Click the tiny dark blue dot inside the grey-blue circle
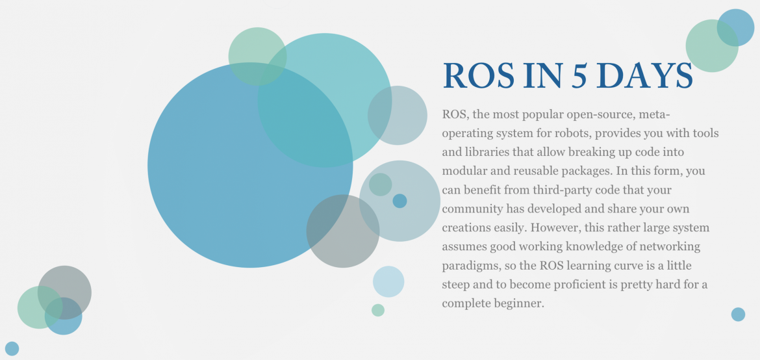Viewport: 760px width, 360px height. pyautogui.click(x=400, y=201)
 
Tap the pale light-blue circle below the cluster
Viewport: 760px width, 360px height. pyautogui.click(x=388, y=281)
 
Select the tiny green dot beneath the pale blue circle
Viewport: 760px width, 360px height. pyautogui.click(x=378, y=310)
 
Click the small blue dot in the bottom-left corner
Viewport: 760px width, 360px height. pyautogui.click(x=12, y=348)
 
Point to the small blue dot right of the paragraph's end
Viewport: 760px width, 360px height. pyautogui.click(x=738, y=315)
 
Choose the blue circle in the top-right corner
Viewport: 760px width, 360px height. pyautogui.click(x=736, y=28)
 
